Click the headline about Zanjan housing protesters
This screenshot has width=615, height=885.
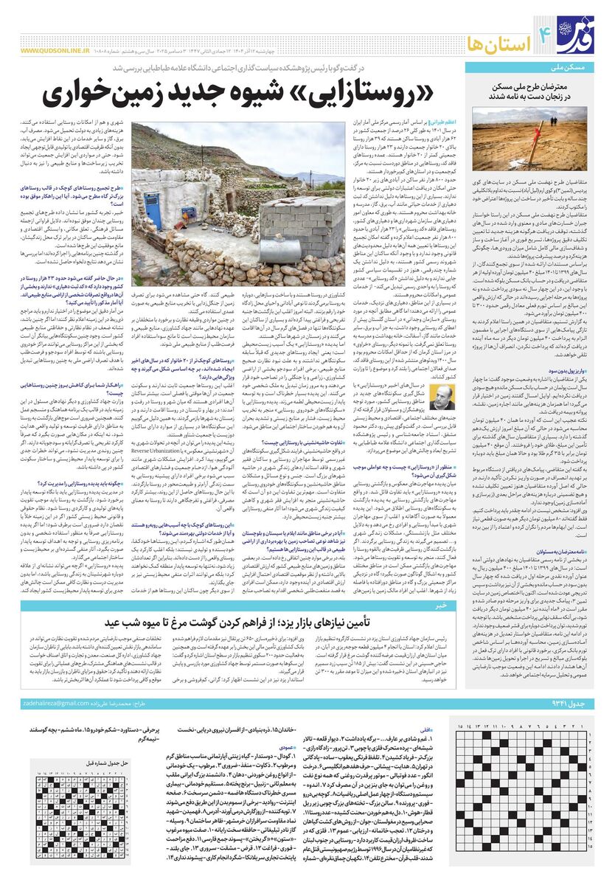[530, 91]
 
